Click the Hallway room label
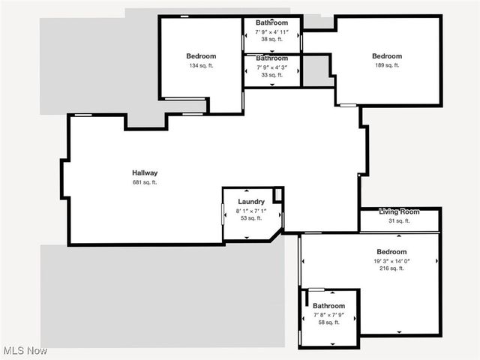145,173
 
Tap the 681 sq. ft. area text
145,182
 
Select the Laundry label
250,202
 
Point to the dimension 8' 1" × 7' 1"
250,211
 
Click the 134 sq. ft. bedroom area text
201,65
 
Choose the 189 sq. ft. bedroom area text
387,65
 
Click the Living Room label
399,212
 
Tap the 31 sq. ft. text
399,221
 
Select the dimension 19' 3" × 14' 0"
391,261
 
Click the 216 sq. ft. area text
391,268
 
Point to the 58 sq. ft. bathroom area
328,322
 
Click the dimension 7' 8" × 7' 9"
328,315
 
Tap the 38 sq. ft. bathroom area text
271,39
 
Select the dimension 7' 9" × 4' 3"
271,67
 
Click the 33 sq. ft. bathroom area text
271,75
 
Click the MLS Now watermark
25,350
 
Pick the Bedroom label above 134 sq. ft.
201,56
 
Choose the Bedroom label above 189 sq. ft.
387,56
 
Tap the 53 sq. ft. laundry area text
250,219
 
